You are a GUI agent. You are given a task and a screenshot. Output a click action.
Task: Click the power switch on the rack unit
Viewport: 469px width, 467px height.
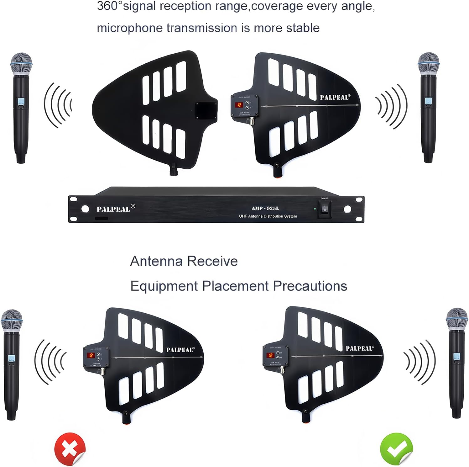325,209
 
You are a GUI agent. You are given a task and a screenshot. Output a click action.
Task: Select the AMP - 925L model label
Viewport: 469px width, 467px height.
265,209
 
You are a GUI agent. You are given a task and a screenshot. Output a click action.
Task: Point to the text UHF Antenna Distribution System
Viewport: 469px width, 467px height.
268,216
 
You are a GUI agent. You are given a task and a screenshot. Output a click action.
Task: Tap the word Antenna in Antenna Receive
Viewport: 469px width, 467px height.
157,261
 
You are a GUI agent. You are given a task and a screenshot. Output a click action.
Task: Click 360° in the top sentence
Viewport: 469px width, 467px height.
109,6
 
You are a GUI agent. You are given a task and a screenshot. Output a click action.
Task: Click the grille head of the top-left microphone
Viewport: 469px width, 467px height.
21,63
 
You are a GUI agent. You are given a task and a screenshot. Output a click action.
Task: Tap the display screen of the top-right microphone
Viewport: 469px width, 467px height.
428,101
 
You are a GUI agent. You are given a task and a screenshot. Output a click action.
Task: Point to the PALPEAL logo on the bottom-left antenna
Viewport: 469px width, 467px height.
180,350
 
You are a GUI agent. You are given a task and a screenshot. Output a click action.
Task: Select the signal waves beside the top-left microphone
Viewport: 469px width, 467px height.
58,105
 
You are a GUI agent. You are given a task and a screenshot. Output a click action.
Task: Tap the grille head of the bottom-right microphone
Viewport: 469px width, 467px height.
456,318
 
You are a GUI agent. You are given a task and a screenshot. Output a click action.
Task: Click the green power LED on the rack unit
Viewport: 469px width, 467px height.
315,209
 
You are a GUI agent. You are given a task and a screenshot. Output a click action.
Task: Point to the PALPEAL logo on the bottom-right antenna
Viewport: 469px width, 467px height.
360,348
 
